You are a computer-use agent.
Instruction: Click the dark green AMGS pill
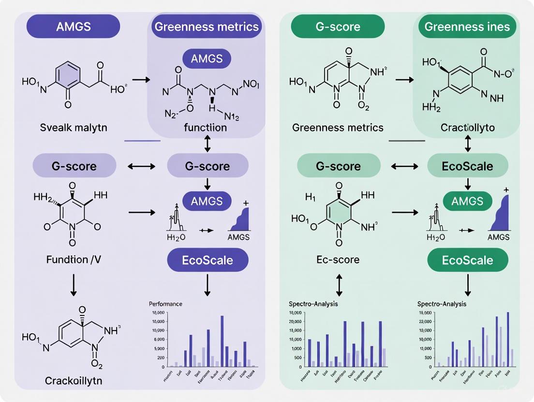[467, 201]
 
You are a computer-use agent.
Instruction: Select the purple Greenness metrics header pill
[206, 26]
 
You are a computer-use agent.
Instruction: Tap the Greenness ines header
[467, 26]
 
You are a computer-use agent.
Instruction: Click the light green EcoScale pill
[467, 166]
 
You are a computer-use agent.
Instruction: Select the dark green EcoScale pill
[467, 260]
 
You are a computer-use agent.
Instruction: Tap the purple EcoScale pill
[207, 260]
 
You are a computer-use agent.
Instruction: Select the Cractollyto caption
[467, 128]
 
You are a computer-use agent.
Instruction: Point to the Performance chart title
[166, 304]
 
